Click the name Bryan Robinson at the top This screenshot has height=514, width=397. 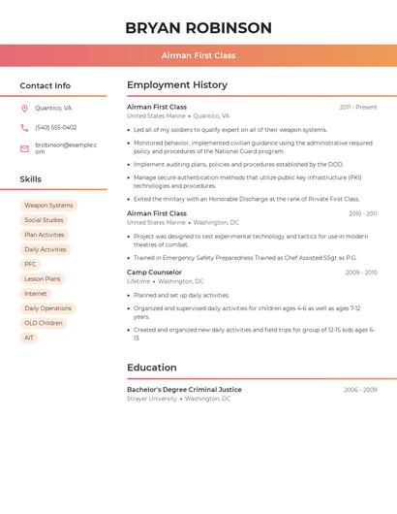198,28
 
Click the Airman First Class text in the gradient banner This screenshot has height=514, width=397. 198,55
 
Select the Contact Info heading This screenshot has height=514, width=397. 46,85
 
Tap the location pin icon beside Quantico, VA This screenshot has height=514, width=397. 24,109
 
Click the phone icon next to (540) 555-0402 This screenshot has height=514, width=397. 24,127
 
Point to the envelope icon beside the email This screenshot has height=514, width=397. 24,148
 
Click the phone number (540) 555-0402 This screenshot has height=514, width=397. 55,127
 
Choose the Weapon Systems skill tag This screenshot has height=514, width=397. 48,206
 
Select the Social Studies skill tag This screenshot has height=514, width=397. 44,220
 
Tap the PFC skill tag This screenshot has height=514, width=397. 30,264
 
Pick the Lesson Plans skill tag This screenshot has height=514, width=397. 43,279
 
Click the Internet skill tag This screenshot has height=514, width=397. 35,294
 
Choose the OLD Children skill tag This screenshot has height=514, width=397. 44,323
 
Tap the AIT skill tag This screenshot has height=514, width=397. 29,337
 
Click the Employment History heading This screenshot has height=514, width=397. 177,85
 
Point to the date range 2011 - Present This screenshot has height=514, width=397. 358,107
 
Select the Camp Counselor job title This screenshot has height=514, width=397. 154,273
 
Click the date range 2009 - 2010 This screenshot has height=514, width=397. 361,273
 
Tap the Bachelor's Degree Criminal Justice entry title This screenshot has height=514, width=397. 184,390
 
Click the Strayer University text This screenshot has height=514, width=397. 152,399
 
